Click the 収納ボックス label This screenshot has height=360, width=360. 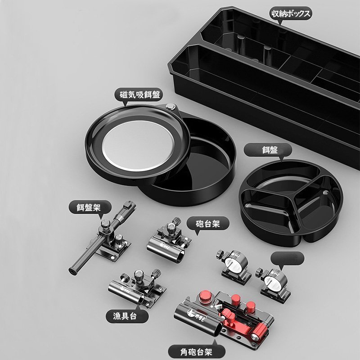(291, 13)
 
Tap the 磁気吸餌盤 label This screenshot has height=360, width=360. (140, 94)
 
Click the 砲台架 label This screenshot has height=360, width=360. (207, 224)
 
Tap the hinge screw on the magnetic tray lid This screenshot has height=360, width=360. (171, 107)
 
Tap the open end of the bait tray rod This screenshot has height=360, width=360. (72, 271)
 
